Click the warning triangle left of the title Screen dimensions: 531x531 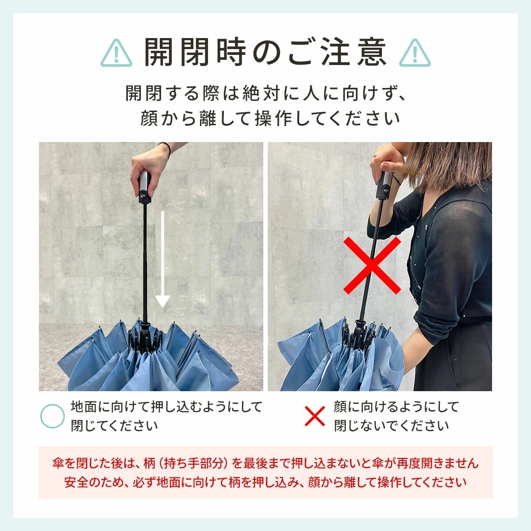[x=116, y=53]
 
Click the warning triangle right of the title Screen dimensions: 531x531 [x=415, y=53]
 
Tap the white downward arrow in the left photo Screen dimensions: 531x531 [x=162, y=259]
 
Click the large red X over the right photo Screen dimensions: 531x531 [x=372, y=265]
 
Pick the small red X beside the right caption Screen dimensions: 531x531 [x=315, y=416]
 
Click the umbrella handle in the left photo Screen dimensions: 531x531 [x=145, y=187]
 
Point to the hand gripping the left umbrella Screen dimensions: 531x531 [x=149, y=171]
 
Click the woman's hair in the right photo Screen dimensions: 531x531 [x=449, y=165]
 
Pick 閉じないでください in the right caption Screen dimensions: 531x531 [x=391, y=426]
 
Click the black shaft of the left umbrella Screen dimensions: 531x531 [x=145, y=262]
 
